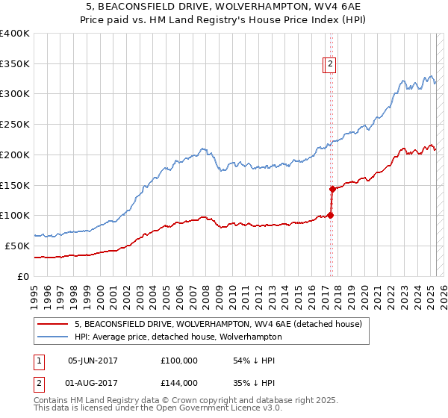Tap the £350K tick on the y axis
pyautogui.click(x=15, y=63)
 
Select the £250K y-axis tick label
pyautogui.click(x=15, y=125)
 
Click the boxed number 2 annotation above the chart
pyautogui.click(x=330, y=65)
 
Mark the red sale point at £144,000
pyautogui.click(x=332, y=189)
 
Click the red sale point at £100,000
pyautogui.click(x=330, y=216)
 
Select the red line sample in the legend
pyautogui.click(x=52, y=325)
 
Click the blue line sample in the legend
pyautogui.click(x=52, y=337)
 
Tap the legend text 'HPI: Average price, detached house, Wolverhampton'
pyautogui.click(x=178, y=337)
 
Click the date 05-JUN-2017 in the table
pyautogui.click(x=93, y=361)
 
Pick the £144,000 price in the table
pyautogui.click(x=179, y=382)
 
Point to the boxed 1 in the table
pyautogui.click(x=37, y=361)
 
